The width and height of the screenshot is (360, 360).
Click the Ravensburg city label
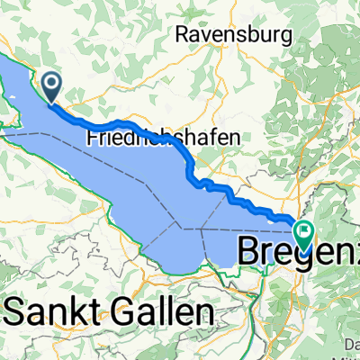pos(235,35)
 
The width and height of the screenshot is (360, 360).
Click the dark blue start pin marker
pos(51,86)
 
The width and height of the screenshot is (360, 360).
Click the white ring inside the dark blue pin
pos(51,84)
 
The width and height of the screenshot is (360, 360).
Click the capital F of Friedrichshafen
pos(92,139)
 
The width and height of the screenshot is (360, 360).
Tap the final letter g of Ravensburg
pos(286,37)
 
